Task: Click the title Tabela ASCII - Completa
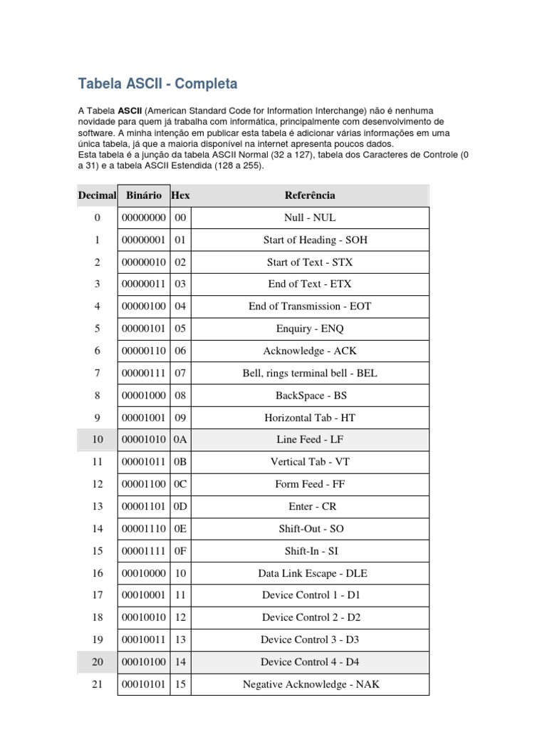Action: (x=157, y=84)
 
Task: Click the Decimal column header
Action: (x=97, y=195)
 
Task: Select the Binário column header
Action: (x=143, y=195)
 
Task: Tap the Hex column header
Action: (x=181, y=195)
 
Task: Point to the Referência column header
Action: (x=310, y=195)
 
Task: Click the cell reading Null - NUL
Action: (x=310, y=217)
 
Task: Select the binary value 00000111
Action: (x=143, y=373)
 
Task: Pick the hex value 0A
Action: (x=180, y=440)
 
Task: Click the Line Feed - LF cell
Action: (x=310, y=440)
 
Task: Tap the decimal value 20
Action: (x=97, y=662)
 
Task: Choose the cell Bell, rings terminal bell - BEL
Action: (x=310, y=373)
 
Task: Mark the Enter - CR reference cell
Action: (x=310, y=506)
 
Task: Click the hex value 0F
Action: (x=180, y=551)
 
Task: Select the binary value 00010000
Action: (x=143, y=573)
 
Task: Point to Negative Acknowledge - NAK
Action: (x=310, y=684)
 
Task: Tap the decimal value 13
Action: (x=97, y=506)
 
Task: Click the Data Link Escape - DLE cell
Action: (x=310, y=573)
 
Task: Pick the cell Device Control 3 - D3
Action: (x=310, y=640)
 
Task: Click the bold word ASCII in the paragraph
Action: (x=130, y=110)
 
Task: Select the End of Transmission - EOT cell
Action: (x=310, y=307)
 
